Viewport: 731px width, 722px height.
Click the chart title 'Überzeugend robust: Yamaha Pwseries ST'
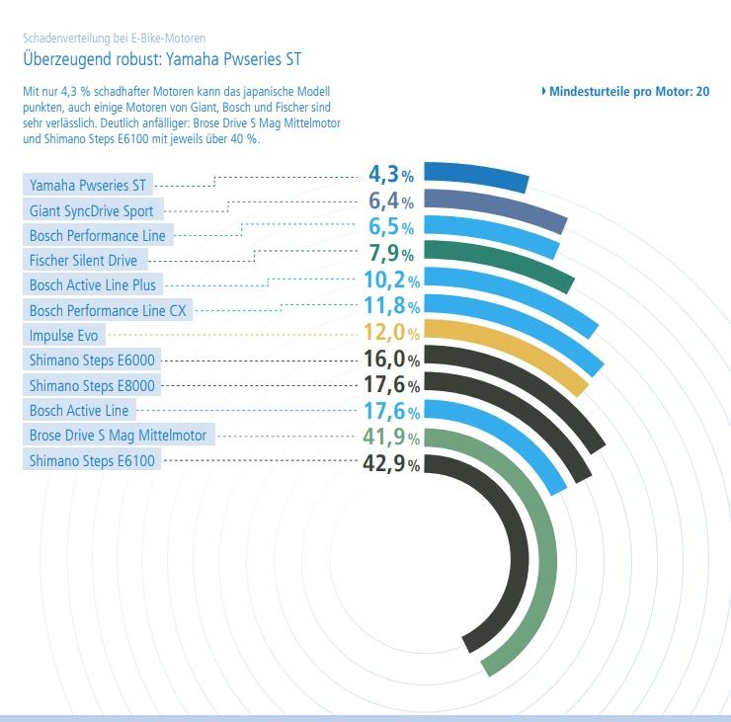161,58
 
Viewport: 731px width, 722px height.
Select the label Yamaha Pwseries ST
88,185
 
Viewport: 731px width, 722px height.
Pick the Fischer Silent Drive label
84,261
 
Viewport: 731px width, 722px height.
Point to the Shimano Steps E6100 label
92,460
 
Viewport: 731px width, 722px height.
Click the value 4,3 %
391,176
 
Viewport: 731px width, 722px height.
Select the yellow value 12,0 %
391,332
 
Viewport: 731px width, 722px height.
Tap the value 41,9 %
391,436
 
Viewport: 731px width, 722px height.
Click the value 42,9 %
391,462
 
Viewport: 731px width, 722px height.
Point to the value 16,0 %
391,358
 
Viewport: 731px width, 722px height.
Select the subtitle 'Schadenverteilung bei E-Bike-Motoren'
114,39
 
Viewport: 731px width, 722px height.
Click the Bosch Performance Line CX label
108,311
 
